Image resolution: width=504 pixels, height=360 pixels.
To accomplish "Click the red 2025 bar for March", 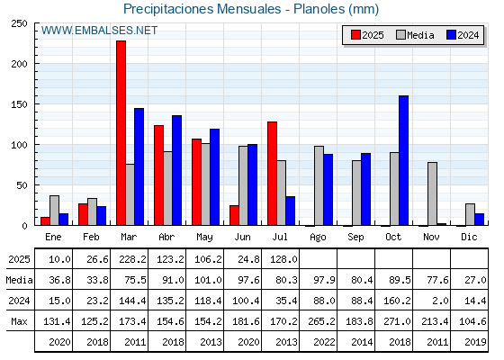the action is [121, 133].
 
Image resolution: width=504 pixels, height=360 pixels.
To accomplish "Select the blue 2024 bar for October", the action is [404, 160].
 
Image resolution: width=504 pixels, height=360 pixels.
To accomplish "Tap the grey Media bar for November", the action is [432, 193].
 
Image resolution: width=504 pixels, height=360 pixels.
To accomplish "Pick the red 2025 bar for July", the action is [272, 174].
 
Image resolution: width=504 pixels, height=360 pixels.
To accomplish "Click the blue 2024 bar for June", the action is [252, 184].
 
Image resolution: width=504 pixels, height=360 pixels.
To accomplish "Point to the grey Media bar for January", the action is [54, 211].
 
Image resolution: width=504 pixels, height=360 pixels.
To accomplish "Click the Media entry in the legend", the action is [415, 35].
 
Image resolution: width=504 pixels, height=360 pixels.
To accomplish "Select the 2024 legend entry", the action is [463, 35].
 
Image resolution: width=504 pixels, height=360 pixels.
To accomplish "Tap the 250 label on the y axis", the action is [19, 23].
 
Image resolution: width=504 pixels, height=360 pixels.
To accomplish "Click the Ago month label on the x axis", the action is [318, 238].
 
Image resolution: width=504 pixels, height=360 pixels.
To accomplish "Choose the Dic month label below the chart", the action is [469, 237].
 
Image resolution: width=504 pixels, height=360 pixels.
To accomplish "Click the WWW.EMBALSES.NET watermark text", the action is [99, 31].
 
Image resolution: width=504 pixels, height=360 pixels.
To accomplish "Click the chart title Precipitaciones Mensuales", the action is [202, 9].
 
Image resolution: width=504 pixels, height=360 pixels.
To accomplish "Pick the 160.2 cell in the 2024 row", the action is [397, 301].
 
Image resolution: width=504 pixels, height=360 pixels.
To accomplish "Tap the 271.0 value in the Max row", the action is [397, 321].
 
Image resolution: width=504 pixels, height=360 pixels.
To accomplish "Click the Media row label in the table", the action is [19, 280].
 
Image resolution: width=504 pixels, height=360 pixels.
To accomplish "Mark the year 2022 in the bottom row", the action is [324, 342].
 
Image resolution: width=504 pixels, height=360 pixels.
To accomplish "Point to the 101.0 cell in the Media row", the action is [208, 280].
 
